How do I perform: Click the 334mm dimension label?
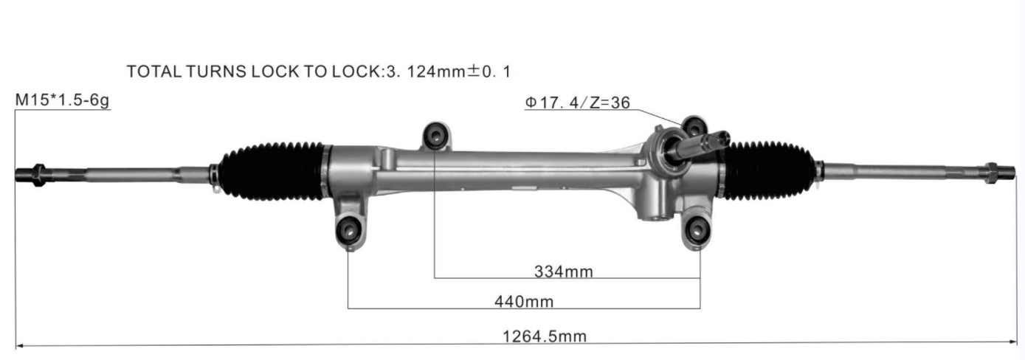click(563, 271)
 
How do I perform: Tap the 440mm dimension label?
click(524, 302)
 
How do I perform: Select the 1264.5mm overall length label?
click(545, 336)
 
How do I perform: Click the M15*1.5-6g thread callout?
click(62, 100)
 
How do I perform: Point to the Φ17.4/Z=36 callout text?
click(578, 103)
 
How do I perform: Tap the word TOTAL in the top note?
click(154, 72)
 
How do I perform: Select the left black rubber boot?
click(274, 172)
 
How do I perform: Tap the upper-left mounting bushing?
click(435, 136)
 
